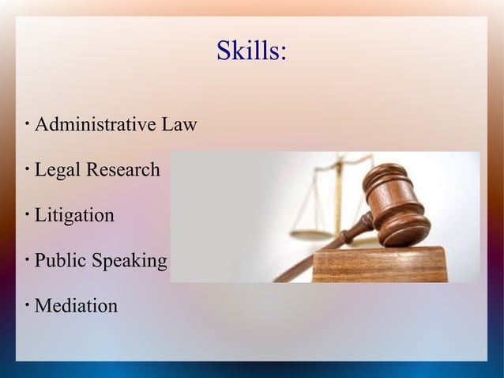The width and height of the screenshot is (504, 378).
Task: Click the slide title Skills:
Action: [x=251, y=51]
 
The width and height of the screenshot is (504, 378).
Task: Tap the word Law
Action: [x=179, y=125]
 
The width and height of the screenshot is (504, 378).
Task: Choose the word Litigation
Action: [x=74, y=215]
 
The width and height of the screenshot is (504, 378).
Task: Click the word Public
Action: [x=60, y=260]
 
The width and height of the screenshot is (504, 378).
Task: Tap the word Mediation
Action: [x=76, y=305]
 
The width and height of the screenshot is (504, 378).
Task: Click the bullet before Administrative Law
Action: [x=27, y=123]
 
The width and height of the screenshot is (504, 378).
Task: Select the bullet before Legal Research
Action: [x=27, y=168]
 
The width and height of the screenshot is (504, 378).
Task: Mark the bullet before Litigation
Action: [x=27, y=214]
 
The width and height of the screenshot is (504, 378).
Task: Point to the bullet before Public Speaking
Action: [x=27, y=259]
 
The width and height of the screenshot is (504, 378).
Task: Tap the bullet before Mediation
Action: [x=27, y=304]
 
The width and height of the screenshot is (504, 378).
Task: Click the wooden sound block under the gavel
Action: [x=379, y=266]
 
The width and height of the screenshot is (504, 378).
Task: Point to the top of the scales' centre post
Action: [x=341, y=160]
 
